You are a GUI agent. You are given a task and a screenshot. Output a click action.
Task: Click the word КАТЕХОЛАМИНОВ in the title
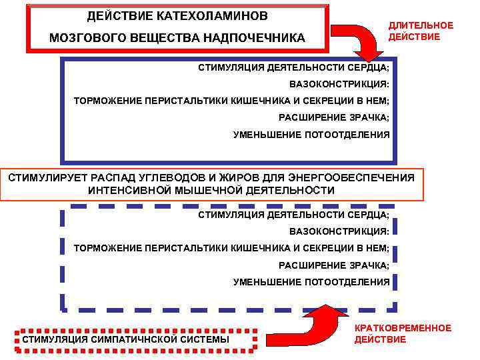tap(217, 15)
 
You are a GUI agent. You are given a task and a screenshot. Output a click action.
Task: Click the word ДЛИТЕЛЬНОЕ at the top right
tap(421, 25)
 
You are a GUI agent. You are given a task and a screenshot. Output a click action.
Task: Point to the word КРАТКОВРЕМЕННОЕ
tap(403, 328)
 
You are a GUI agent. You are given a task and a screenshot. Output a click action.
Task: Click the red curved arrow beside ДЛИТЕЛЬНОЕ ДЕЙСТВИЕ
tap(359, 40)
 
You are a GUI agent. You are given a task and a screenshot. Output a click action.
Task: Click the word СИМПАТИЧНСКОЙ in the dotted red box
tap(139, 340)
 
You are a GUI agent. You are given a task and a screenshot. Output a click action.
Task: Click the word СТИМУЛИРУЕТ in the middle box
tap(41, 178)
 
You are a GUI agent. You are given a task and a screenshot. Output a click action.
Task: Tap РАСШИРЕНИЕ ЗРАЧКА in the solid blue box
tap(334, 118)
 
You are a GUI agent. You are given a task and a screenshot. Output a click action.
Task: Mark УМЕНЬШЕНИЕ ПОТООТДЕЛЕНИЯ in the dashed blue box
tap(311, 282)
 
